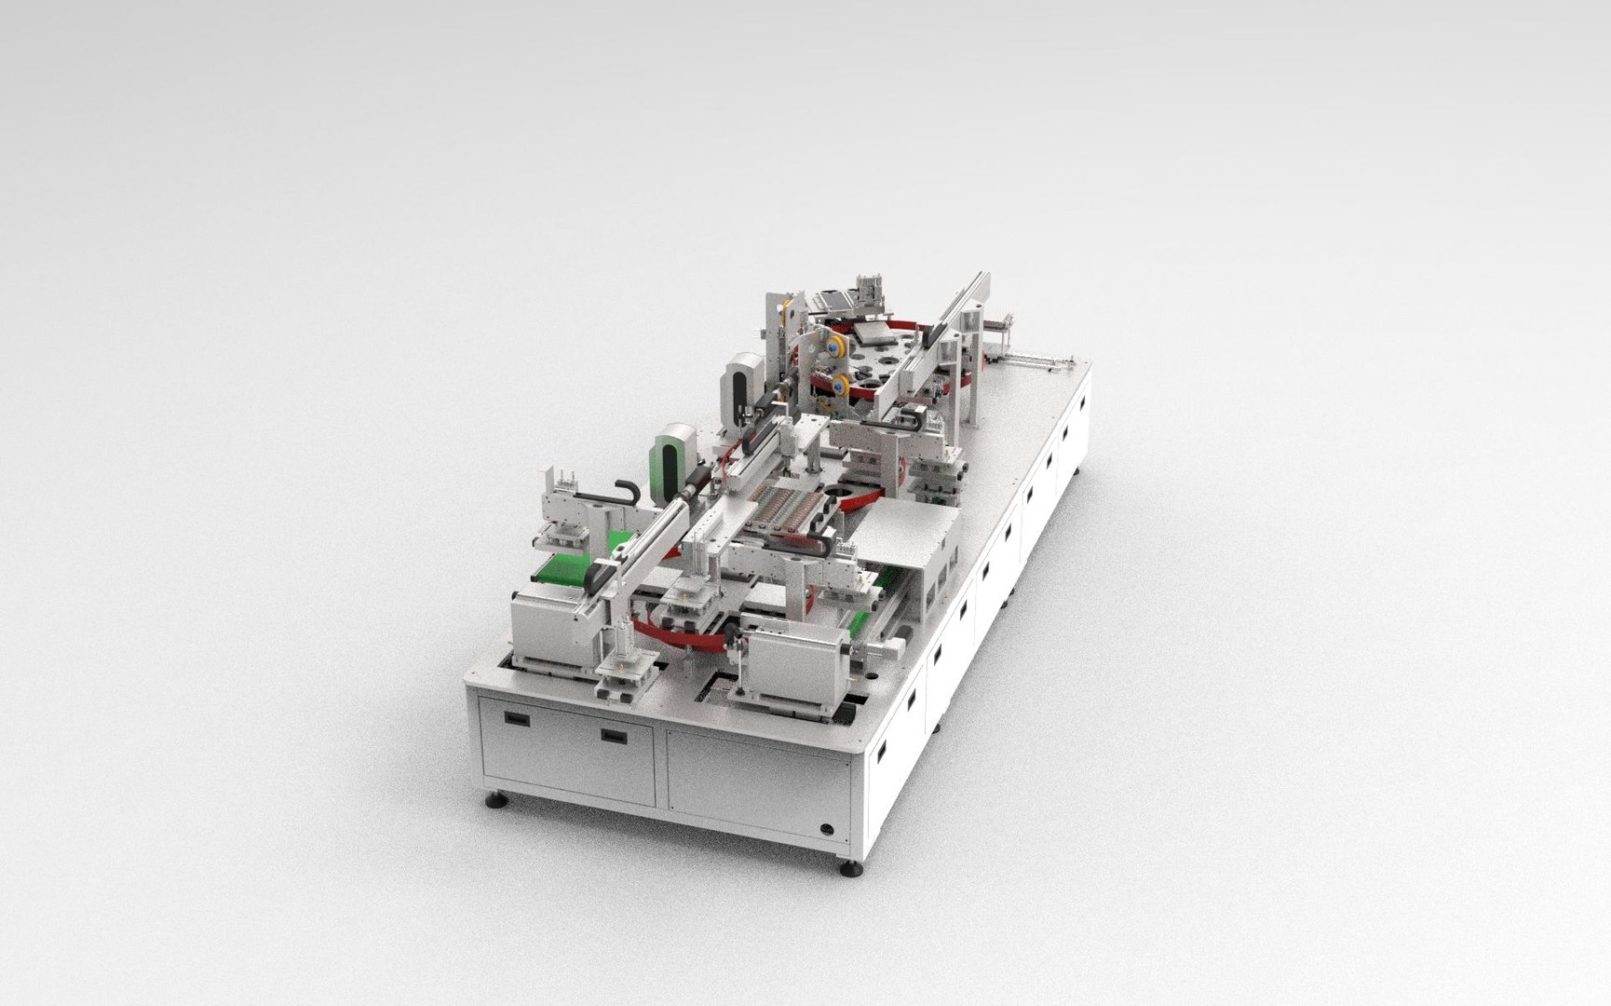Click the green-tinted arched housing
coord(673,457)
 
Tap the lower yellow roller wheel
coord(839,380)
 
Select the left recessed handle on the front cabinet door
coord(513,719)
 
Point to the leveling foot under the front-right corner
coord(849,872)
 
